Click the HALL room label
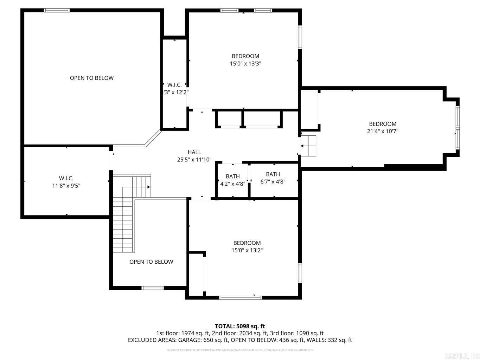[194, 152]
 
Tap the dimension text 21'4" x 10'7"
[383, 131]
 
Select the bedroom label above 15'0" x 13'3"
[245, 56]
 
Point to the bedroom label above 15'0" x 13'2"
[247, 243]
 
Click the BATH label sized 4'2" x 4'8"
[233, 176]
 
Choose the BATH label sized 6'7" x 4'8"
[273, 174]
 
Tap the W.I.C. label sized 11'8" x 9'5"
[66, 179]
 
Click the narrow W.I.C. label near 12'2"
[174, 85]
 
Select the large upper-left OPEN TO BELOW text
[92, 78]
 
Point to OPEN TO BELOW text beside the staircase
[151, 262]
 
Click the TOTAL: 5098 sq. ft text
[240, 326]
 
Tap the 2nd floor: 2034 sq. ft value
[240, 333]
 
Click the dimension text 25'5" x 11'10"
[194, 160]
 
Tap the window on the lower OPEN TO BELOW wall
[153, 288]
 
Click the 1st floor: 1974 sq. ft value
[183, 333]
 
